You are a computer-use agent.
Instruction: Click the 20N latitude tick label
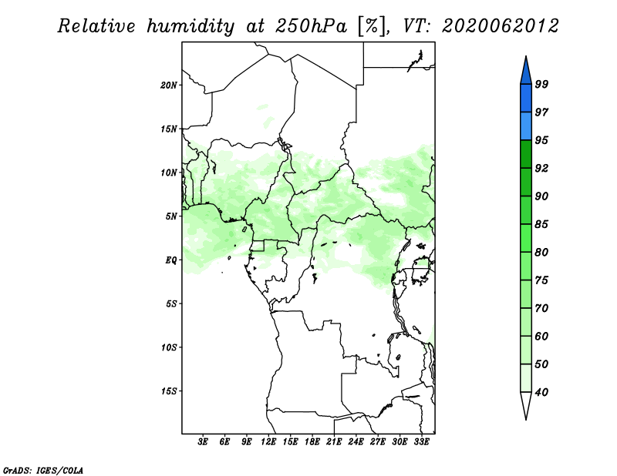(169, 85)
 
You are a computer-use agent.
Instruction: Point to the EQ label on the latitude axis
(170, 260)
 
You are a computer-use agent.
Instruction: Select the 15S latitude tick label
(169, 391)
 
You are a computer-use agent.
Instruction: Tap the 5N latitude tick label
(171, 216)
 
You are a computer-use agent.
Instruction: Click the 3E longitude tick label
(202, 442)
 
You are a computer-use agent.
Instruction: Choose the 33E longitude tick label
(421, 442)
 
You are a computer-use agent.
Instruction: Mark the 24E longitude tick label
(356, 442)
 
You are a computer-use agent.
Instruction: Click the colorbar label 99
(541, 84)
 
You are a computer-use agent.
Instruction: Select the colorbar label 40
(541, 392)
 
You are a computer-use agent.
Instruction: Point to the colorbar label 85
(541, 224)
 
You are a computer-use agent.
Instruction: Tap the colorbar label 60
(541, 336)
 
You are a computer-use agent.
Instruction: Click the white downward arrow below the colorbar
(526, 404)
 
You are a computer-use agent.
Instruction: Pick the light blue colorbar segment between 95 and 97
(526, 126)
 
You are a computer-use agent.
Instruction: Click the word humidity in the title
(190, 27)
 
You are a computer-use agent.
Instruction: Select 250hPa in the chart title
(311, 27)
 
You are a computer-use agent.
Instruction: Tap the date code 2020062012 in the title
(500, 26)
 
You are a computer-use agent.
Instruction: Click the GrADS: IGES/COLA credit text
(43, 470)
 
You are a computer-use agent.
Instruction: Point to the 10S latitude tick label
(169, 347)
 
